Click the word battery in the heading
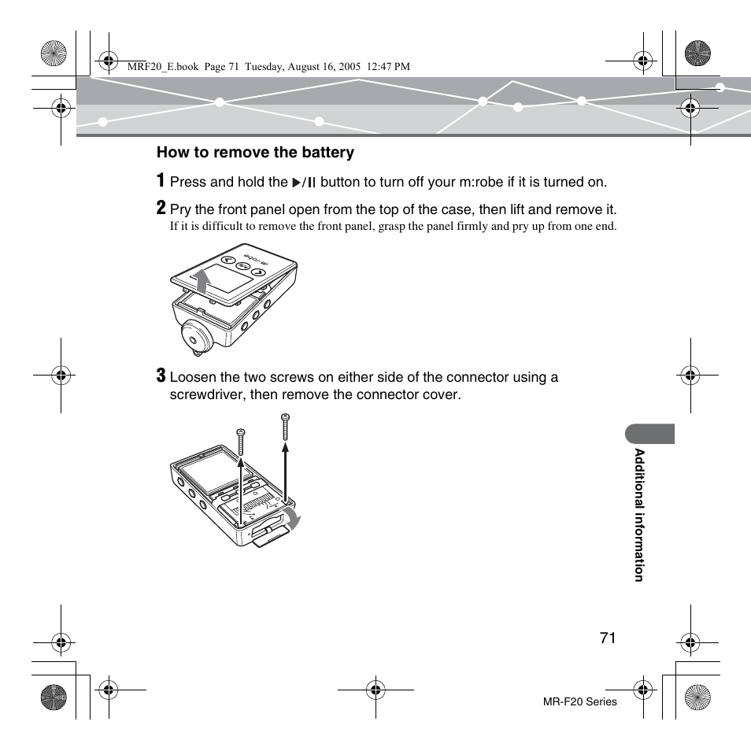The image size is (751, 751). pyautogui.click(x=327, y=153)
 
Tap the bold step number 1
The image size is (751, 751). pyautogui.click(x=161, y=180)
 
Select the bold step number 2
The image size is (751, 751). pyautogui.click(x=161, y=208)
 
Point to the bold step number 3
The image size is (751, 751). pyautogui.click(x=161, y=375)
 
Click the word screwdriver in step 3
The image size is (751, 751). pyautogui.click(x=208, y=394)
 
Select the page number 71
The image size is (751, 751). pyautogui.click(x=606, y=638)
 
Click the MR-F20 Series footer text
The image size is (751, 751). pyautogui.click(x=580, y=701)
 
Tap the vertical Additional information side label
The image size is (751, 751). pyautogui.click(x=640, y=515)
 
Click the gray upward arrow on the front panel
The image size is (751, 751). pyautogui.click(x=203, y=279)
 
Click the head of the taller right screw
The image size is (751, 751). pyautogui.click(x=285, y=416)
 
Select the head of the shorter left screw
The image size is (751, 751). pyautogui.click(x=241, y=431)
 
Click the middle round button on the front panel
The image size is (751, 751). pyautogui.click(x=243, y=267)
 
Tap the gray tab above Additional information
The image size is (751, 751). pyautogui.click(x=650, y=434)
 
